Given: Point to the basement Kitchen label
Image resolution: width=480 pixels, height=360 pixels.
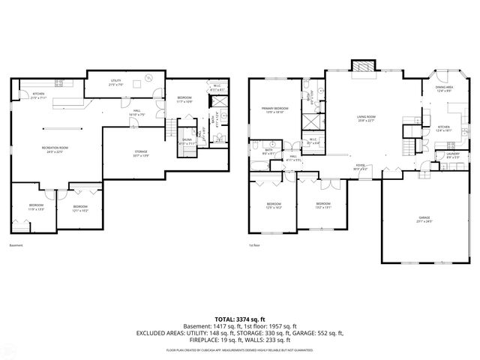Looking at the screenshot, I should (39, 95).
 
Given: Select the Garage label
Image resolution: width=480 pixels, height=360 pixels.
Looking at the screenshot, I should (414, 218).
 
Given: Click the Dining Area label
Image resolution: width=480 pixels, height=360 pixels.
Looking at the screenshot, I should (444, 88).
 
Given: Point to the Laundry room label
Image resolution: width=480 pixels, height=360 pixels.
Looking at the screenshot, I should (442, 154).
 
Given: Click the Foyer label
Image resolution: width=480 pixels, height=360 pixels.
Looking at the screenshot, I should (360, 166).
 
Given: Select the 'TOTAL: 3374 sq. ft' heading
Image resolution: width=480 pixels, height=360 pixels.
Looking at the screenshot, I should (239, 319).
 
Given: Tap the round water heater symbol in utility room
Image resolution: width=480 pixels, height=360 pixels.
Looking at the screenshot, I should (149, 76).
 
